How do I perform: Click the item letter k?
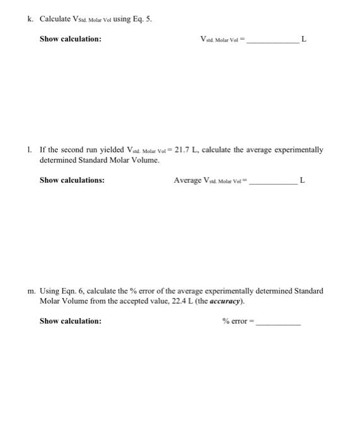click(x=30, y=19)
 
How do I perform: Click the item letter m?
click(x=31, y=291)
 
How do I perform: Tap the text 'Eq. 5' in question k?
click(x=142, y=19)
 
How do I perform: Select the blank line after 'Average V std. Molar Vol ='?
click(x=274, y=182)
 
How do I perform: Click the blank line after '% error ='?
click(x=278, y=323)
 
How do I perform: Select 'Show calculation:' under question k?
click(x=70, y=39)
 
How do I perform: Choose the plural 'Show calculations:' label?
click(x=72, y=180)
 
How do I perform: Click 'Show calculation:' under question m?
click(x=70, y=321)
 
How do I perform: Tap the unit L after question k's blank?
click(x=304, y=39)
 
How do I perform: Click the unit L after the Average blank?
click(x=302, y=180)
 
